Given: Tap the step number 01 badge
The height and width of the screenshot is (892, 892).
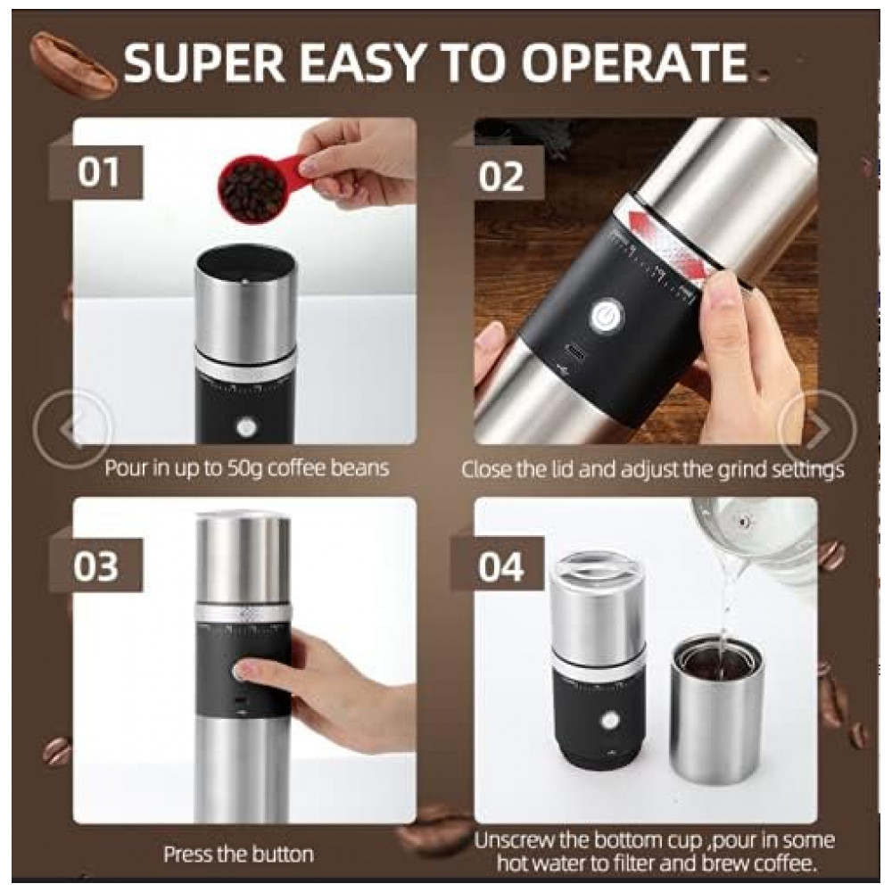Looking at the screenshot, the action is [97, 172].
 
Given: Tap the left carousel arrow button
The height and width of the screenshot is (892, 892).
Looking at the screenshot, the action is [72, 428].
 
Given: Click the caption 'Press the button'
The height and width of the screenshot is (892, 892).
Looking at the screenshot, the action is [238, 854].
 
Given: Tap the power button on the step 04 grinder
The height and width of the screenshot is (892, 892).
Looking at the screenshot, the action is [610, 721].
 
